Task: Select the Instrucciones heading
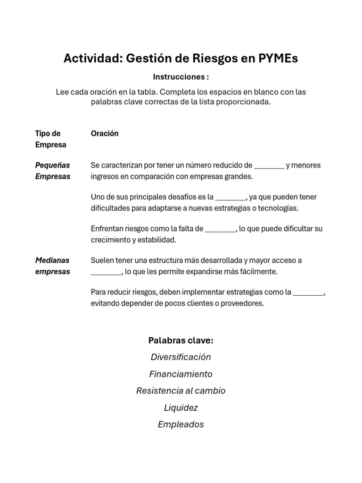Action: pyautogui.click(x=181, y=77)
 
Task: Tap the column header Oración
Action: pyautogui.click(x=105, y=133)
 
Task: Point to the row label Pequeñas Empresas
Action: pyautogui.click(x=53, y=171)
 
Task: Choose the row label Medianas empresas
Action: pyautogui.click(x=53, y=266)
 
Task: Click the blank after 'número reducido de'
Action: pyautogui.click(x=269, y=166)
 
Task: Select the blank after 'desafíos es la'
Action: pyautogui.click(x=230, y=197)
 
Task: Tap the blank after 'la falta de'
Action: pyautogui.click(x=220, y=229)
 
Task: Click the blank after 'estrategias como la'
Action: pyautogui.click(x=309, y=292)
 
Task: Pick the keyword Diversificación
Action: pyautogui.click(x=181, y=357)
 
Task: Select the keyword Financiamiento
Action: pyautogui.click(x=181, y=374)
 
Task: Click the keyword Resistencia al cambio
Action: pyautogui.click(x=181, y=391)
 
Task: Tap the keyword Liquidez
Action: pyautogui.click(x=181, y=408)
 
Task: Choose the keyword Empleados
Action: pyautogui.click(x=181, y=425)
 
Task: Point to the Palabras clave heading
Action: pyautogui.click(x=181, y=340)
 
